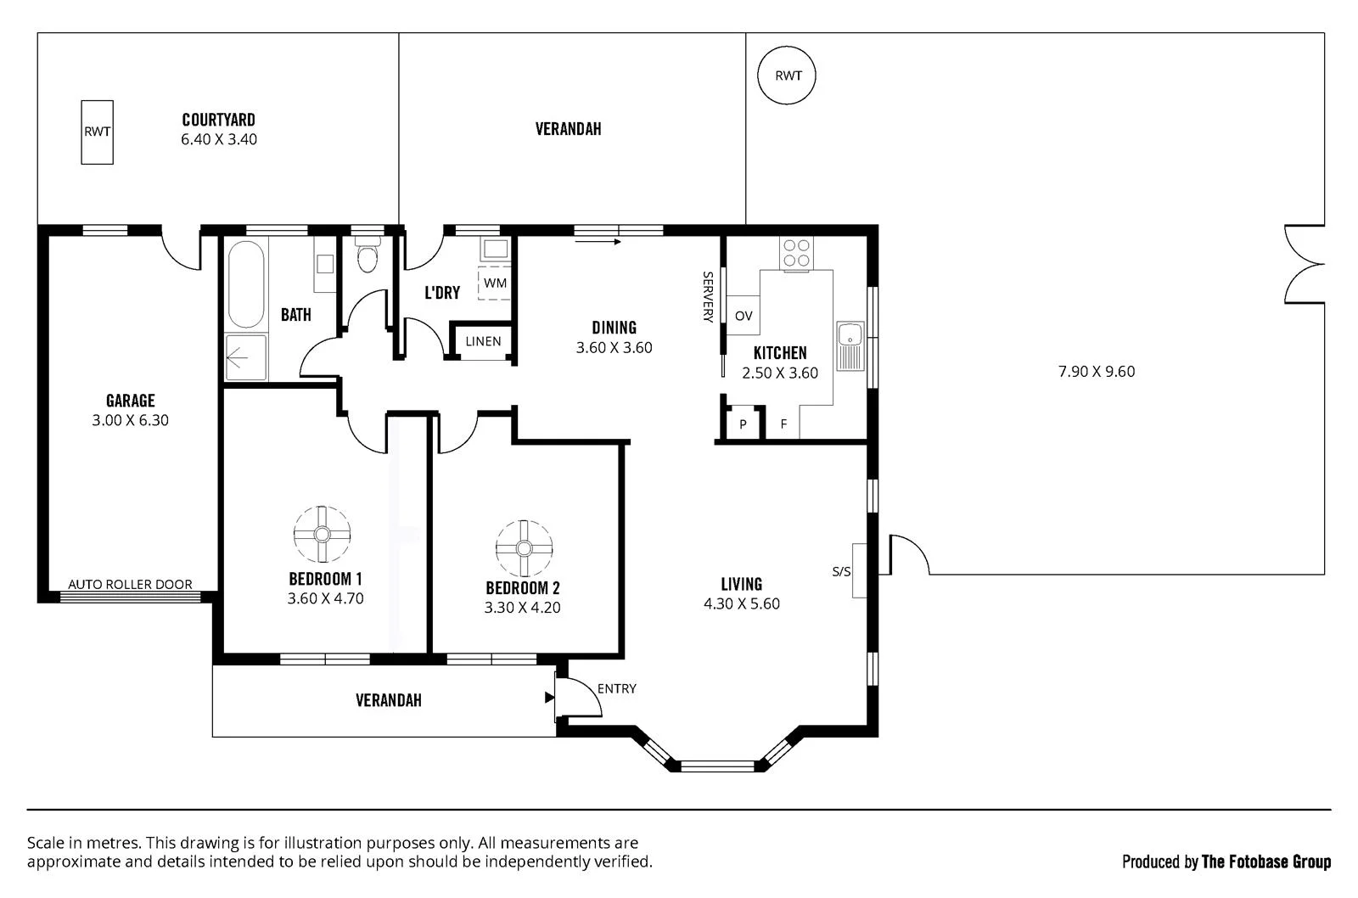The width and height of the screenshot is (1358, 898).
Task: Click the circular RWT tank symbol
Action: pos(788,76)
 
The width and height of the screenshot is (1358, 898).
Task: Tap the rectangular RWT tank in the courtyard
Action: pos(97,132)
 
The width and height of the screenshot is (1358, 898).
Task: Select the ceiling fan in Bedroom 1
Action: pos(323,534)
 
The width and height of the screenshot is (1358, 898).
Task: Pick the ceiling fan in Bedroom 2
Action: pos(524,548)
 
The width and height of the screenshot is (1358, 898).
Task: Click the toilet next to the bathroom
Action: pos(367,256)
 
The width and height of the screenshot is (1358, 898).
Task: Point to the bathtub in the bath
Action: pos(246,284)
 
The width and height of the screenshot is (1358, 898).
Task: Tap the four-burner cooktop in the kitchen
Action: pos(796,252)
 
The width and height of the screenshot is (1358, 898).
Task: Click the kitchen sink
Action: pos(849,345)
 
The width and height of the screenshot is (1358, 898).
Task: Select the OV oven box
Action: pos(744,316)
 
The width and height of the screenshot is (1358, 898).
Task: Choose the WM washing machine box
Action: pos(495,283)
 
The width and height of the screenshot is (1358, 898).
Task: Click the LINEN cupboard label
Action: pos(483,341)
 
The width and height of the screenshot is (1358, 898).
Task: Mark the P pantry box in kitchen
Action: pos(743,424)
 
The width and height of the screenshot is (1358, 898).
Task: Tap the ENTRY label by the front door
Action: pos(616,688)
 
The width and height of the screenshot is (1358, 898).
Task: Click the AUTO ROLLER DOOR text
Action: pos(130,584)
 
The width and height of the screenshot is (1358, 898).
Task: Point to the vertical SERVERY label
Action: pos(707,297)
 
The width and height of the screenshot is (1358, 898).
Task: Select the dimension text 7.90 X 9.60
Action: pos(1096,371)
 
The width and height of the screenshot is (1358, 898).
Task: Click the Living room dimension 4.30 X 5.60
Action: pos(741,603)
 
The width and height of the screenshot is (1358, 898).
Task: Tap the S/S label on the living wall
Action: pos(841,571)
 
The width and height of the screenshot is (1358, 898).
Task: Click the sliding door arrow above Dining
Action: pos(598,242)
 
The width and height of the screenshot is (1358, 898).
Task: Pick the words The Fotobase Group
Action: pos(1265,862)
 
